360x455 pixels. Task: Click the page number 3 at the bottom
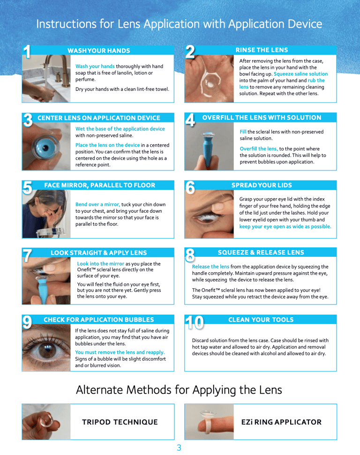[179, 448]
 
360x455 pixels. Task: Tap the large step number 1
[27, 52]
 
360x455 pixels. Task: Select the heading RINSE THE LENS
[262, 50]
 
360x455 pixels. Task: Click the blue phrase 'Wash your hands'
[95, 66]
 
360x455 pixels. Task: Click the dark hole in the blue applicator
[45, 148]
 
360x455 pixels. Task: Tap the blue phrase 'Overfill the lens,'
[259, 149]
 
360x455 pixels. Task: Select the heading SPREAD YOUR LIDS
[262, 185]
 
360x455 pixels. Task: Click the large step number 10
[195, 322]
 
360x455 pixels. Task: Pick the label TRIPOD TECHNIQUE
[120, 422]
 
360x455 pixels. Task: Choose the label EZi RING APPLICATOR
[281, 422]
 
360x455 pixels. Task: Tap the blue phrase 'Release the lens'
[210, 266]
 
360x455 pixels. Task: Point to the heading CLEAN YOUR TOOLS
[261, 320]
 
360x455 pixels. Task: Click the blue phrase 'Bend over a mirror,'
[97, 204]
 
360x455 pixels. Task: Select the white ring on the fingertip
[207, 422]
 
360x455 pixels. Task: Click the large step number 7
[27, 255]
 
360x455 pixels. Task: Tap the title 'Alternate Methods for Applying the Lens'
[179, 390]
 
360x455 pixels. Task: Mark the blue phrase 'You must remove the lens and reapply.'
[120, 352]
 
